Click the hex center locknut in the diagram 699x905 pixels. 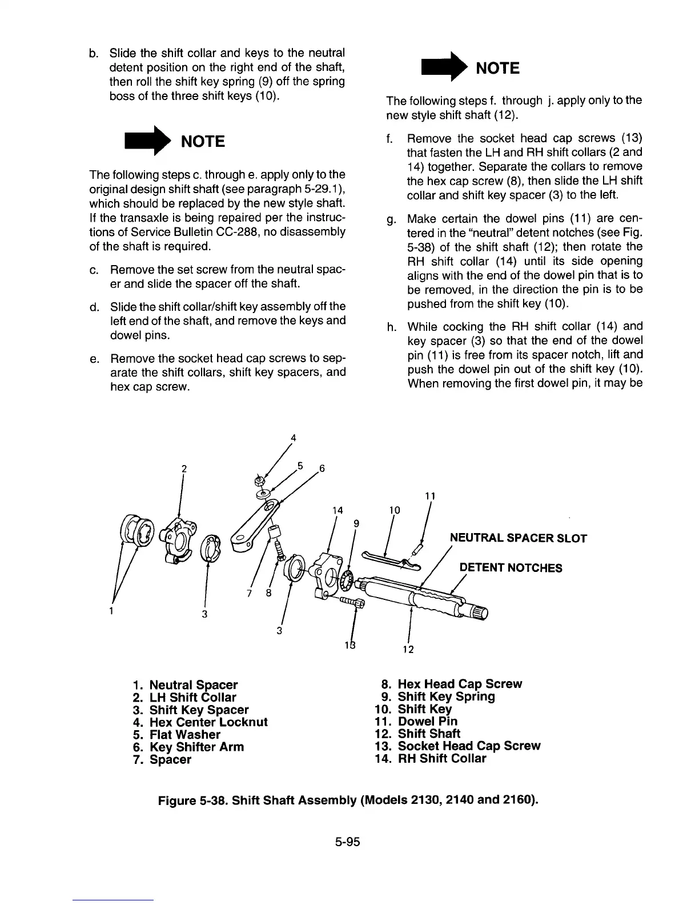(x=259, y=479)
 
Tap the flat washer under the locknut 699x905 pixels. (x=263, y=493)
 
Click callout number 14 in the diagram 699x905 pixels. (x=338, y=510)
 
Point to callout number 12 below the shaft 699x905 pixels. (x=408, y=649)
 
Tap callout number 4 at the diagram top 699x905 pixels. (x=293, y=438)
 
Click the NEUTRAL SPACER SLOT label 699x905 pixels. (x=518, y=538)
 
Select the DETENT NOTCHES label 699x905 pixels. (x=511, y=567)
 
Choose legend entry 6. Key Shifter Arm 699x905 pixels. (x=188, y=747)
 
